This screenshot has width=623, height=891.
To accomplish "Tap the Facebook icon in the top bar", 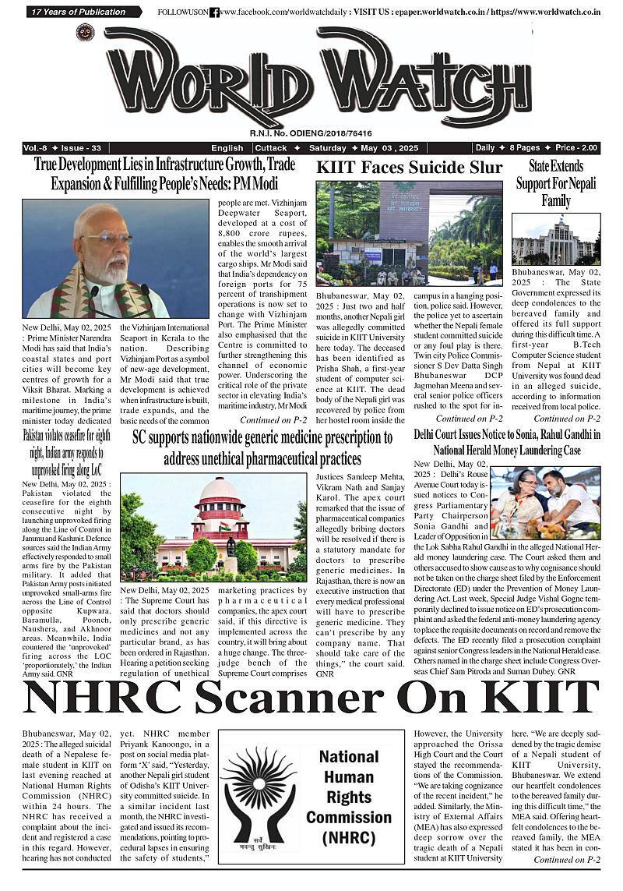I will click(x=215, y=12).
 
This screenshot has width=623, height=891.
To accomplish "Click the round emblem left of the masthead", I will click(x=85, y=33).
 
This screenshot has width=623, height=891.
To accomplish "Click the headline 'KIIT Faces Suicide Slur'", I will click(x=409, y=168).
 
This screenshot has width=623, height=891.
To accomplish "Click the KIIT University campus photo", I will click(x=409, y=234).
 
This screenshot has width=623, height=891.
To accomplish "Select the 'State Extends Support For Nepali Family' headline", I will click(x=555, y=183).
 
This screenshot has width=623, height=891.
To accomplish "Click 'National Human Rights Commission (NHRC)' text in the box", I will click(x=348, y=797).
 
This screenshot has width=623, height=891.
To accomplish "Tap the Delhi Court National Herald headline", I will click(x=507, y=442).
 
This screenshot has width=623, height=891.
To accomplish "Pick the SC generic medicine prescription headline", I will click(x=262, y=447).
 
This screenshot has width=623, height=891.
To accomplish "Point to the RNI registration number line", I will click(x=311, y=134).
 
